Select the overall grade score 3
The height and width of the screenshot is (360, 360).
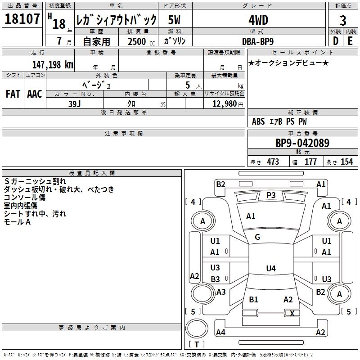coord(343,21)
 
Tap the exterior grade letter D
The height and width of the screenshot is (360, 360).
coord(335,40)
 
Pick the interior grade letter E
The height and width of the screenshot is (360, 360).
coord(350,40)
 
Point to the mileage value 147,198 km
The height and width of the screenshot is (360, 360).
coord(53,65)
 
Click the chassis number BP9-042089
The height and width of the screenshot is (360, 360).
coord(302,144)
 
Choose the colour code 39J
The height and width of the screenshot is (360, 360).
coord(75,103)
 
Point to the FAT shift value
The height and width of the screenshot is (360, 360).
coord(13,94)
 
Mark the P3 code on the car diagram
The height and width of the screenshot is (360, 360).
coord(271,195)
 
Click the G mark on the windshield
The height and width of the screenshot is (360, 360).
coord(257,237)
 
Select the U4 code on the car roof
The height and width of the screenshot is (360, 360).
coord(270,269)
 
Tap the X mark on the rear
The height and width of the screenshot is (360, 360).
coord(292,313)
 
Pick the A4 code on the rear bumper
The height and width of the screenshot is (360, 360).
coord(220,333)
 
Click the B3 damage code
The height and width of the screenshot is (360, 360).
coord(215,279)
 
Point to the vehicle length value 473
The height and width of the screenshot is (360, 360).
coord(273,162)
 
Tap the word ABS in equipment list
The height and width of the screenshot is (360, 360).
coord(258,121)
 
